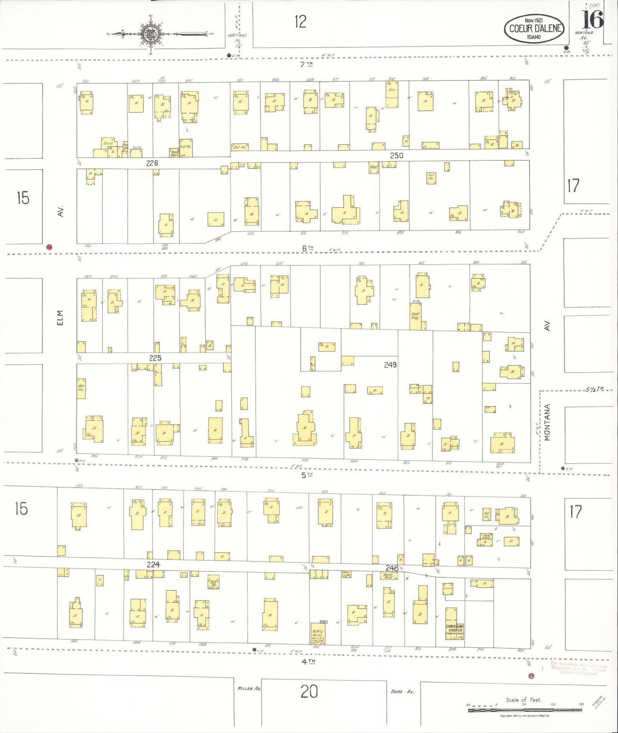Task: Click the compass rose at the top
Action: click(x=150, y=34)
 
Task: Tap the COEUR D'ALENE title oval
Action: click(x=534, y=28)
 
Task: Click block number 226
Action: click(x=152, y=163)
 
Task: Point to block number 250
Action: click(x=396, y=156)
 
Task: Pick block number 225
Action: click(x=155, y=358)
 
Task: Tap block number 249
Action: click(x=390, y=365)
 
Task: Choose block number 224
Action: click(x=153, y=565)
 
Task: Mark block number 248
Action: click(x=392, y=568)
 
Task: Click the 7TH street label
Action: click(x=306, y=64)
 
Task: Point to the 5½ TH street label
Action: click(x=594, y=389)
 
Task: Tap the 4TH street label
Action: click(x=308, y=661)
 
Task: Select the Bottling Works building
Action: click(x=318, y=634)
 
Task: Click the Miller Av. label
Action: click(x=249, y=689)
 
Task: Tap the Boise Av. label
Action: click(x=402, y=691)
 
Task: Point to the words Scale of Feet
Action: click(x=523, y=700)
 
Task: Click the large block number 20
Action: click(x=309, y=692)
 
